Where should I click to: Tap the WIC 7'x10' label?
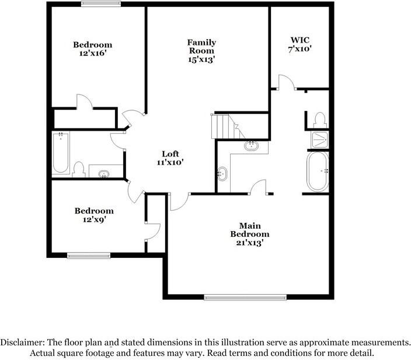coord(301,44)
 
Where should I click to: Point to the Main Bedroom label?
coord(249,230)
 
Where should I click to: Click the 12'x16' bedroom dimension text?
coord(92,54)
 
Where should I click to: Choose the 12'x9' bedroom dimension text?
coord(93,220)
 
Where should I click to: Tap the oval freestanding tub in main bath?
coord(318,172)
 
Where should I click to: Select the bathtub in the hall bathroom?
coord(61,153)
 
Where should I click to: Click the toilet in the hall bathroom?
coord(79,169)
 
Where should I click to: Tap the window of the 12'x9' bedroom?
coord(89,254)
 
